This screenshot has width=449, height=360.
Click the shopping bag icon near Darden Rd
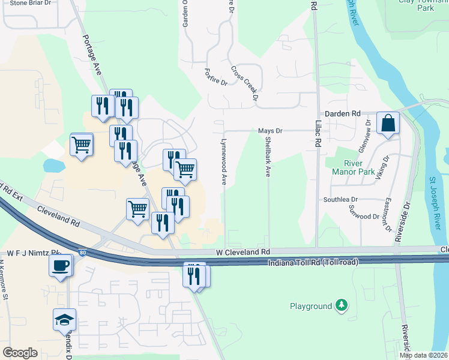pos(388,124)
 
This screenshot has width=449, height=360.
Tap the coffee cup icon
pos(60,266)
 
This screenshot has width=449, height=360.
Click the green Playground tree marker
pos(342,306)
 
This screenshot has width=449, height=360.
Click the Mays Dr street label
pos(270,131)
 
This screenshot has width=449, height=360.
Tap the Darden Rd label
pos(342,113)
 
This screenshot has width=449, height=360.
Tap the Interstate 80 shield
pos(82,253)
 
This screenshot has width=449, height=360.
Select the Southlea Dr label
pos(340,199)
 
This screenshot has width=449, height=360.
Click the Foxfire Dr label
pos(215,77)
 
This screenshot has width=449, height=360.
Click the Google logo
pos(20,353)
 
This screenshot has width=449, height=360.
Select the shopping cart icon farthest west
pos(81,144)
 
